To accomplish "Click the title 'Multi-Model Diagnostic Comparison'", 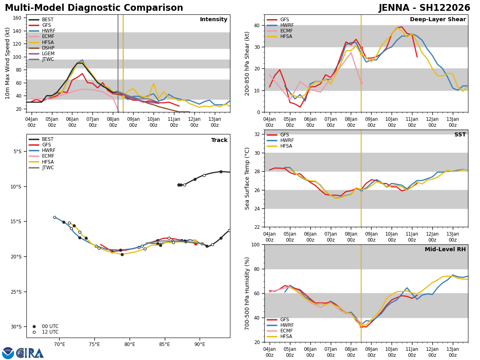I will [x=94, y=8].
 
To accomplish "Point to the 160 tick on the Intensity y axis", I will [x=18, y=18].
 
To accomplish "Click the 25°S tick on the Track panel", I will [x=18, y=292].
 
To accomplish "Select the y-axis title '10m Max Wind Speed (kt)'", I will [x=8, y=63].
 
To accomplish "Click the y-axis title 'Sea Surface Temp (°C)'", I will [x=248, y=178].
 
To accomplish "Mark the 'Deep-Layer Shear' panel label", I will [x=438, y=20].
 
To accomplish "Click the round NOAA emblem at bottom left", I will [x=8, y=353].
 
